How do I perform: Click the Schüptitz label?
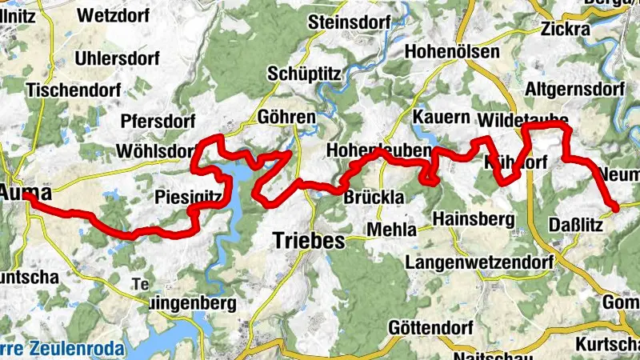click(305, 73)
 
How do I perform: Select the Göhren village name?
click(287, 117)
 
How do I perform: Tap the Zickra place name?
click(565, 29)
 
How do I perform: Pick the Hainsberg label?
click(471, 218)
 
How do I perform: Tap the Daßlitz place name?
click(576, 225)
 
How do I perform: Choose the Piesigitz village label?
click(189, 198)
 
